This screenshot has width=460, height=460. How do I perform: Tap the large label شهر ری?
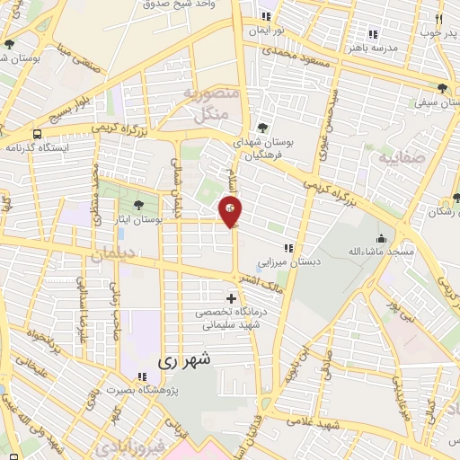coord(186,360)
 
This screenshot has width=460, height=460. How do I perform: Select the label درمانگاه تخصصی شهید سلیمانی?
coord(231,319)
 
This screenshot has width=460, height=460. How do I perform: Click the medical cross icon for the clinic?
coord(232,297)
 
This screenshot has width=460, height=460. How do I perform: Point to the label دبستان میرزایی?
coord(288,263)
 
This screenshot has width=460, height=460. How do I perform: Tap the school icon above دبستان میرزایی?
coord(288,248)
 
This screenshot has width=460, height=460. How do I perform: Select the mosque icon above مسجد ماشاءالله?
coord(382,239)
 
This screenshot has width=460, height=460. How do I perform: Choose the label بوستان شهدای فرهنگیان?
coord(262,148)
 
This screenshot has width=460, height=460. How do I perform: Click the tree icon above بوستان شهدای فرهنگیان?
coord(262,128)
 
